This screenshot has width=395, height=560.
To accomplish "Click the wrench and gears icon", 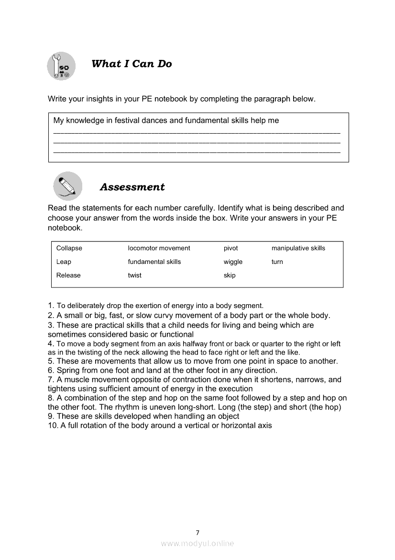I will tap(62, 66).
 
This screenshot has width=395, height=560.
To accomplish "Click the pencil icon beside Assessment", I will tap(67, 186).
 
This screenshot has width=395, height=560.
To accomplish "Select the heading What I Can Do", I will tap(132, 64).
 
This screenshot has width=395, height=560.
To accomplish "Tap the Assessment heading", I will tap(132, 187).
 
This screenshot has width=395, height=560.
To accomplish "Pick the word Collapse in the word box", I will tap(69, 248).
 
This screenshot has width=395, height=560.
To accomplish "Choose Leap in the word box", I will tap(64, 262).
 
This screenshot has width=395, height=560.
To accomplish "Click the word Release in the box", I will tap(68, 275).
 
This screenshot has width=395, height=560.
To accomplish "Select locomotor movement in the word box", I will tap(159, 248).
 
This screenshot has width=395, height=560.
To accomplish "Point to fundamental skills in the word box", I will tap(154, 262).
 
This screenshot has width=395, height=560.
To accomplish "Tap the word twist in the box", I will tap(134, 275).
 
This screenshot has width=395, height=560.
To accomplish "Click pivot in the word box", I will tap(230, 248).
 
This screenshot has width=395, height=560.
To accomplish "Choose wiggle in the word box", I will tap(233, 262).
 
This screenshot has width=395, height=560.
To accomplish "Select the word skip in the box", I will tap(230, 275).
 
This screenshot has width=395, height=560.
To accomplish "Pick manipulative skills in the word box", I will tap(298, 248).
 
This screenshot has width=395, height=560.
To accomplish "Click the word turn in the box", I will tap(277, 262).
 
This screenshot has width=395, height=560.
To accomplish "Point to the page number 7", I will tap(197, 532).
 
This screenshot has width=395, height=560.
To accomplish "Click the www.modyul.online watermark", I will tap(197, 543).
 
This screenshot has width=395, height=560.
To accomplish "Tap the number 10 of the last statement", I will tap(53, 425).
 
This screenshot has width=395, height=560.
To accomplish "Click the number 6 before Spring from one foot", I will tap(50, 370).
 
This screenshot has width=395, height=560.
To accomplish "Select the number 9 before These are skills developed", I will tap(50, 416).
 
